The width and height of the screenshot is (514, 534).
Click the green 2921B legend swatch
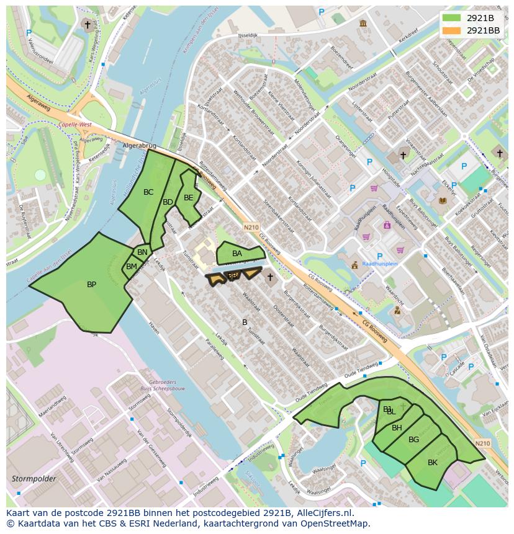[451, 17]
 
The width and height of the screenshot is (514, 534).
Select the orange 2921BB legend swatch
[451, 30]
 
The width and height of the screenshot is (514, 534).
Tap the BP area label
[91, 285]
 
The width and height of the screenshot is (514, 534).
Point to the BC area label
[148, 192]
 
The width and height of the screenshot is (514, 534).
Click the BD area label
[168, 202]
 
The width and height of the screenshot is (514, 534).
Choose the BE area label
[189, 198]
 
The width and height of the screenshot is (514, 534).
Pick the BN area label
[142, 252]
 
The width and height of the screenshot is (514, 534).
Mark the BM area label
[131, 267]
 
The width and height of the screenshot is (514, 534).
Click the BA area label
[237, 254]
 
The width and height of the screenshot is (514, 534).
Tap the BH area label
[397, 427]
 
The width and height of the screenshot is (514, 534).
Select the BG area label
[414, 440]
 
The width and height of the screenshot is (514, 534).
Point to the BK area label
[433, 463]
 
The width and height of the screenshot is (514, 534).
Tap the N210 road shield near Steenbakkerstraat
[251, 228]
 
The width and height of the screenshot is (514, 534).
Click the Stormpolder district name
[34, 479]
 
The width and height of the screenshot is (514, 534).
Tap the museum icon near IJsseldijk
[363, 24]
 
